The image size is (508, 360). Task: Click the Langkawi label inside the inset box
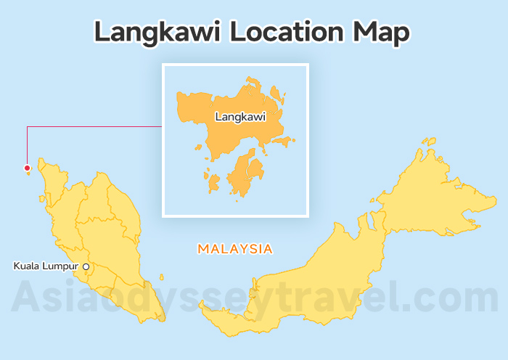tap(240, 116)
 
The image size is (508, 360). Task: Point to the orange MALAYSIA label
tap(235, 249)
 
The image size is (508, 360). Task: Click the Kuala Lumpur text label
tap(46, 266)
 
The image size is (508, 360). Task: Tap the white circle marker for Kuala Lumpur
tap(86, 267)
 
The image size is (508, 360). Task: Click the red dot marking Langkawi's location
tap(27, 168)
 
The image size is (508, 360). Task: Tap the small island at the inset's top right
tap(276, 94)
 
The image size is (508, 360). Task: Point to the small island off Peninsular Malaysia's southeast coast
tap(162, 277)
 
